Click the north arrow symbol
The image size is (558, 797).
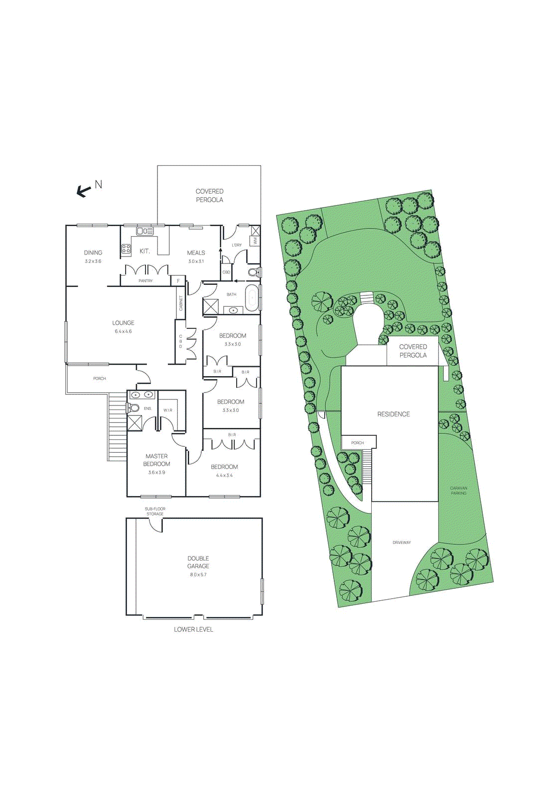[84, 190]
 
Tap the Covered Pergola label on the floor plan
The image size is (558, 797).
[209, 195]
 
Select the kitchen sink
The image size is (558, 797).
[144, 231]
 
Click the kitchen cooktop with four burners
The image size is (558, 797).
[126, 249]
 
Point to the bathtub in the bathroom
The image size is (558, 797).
[252, 298]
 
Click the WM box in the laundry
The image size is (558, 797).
[255, 241]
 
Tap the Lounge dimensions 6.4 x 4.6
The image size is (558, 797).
[123, 331]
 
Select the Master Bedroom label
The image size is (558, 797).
[156, 460]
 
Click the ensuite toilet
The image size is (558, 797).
[133, 408]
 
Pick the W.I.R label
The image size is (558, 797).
[168, 410]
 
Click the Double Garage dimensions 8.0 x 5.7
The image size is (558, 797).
[198, 574]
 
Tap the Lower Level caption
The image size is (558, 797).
[193, 629]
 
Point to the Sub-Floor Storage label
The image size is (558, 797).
[155, 511]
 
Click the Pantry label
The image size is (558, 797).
[145, 281]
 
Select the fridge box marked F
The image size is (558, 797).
[178, 281]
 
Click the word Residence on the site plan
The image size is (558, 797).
[394, 414]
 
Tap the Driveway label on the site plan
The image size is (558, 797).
[402, 542]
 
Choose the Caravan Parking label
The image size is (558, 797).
[458, 491]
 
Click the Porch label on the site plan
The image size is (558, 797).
[357, 443]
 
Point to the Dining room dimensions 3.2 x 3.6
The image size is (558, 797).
[93, 261]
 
